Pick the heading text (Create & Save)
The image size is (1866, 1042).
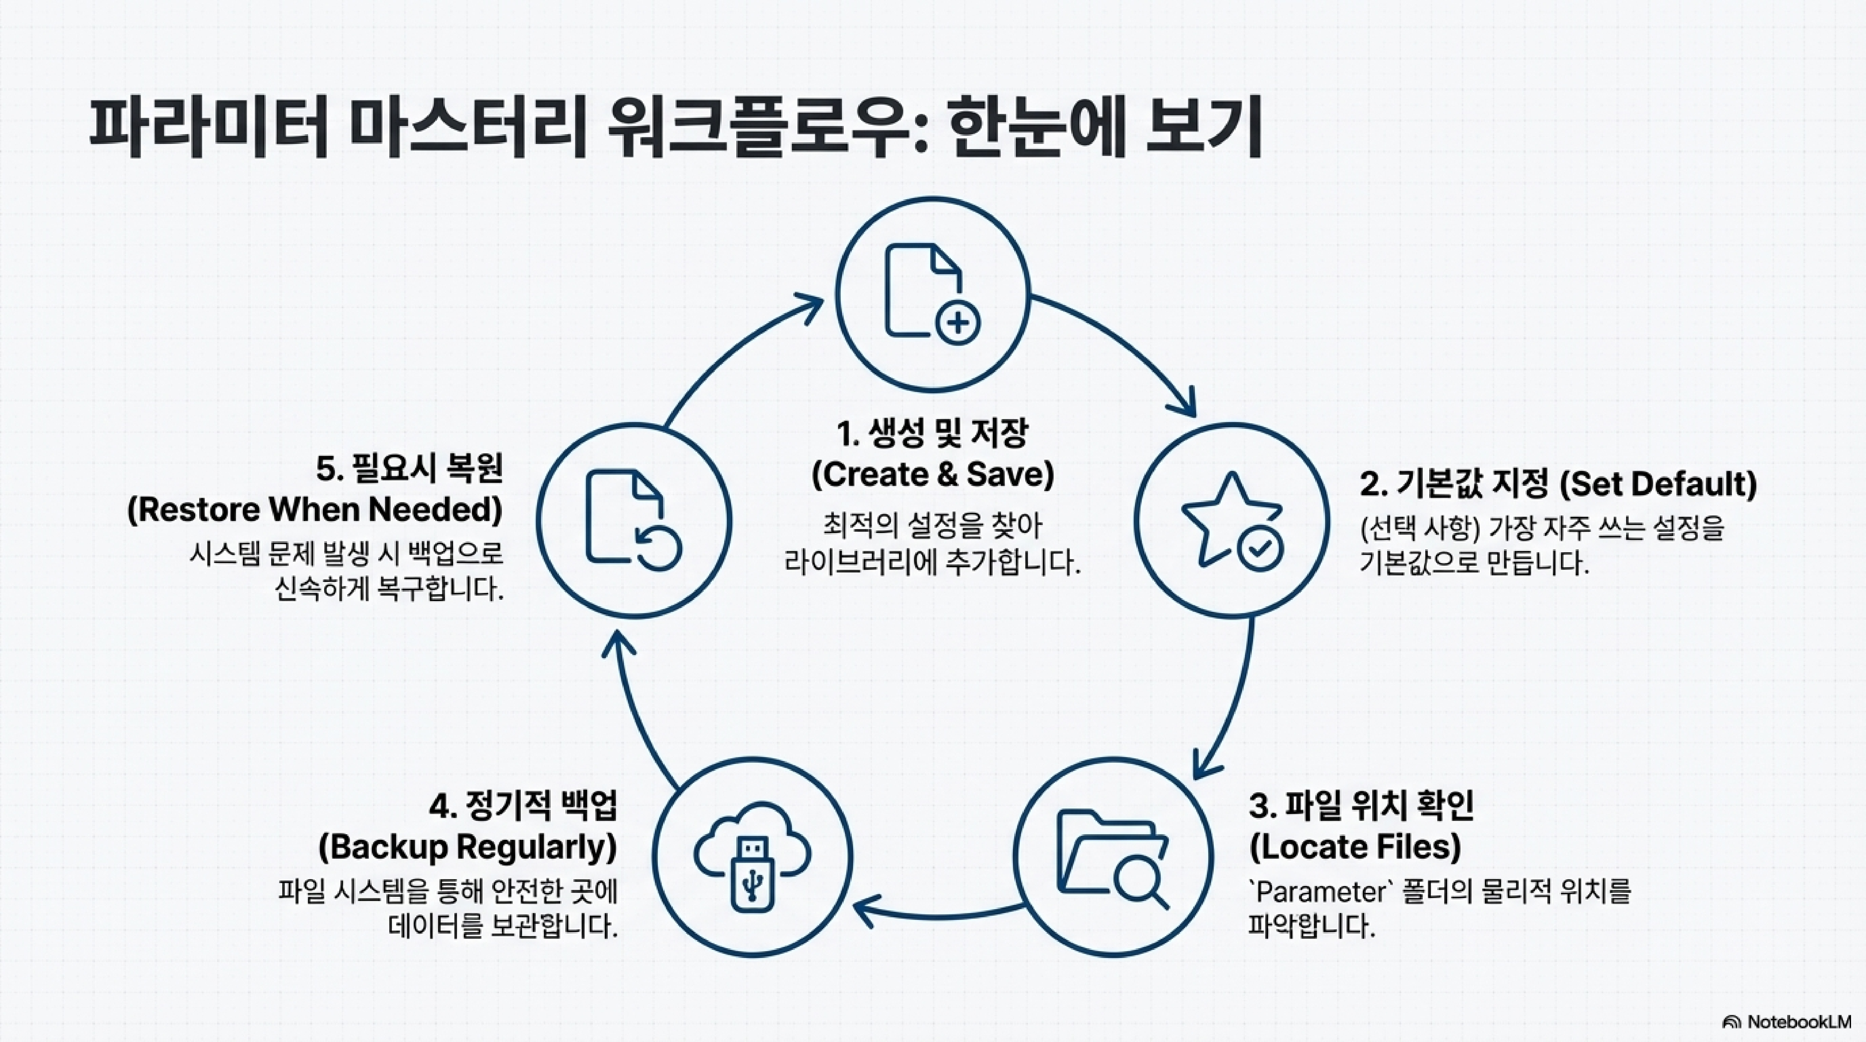click(x=933, y=475)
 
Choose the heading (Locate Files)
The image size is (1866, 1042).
click(x=1355, y=846)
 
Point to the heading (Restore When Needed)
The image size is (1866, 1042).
click(x=315, y=509)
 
